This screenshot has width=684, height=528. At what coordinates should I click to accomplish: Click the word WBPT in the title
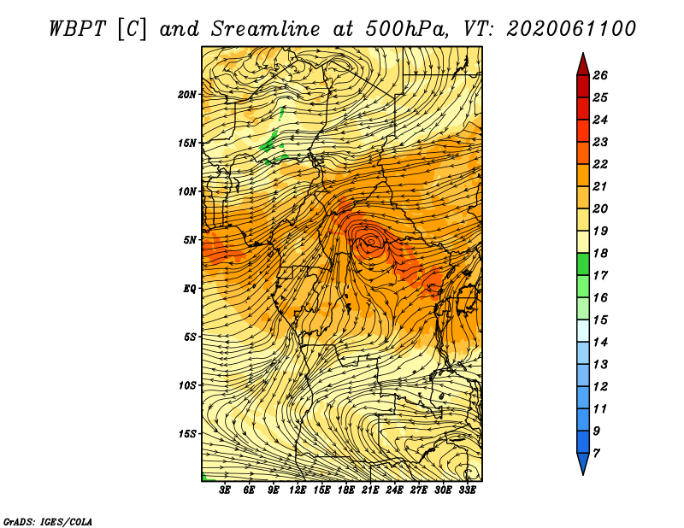point(77,29)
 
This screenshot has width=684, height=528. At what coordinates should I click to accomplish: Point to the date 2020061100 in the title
point(571,29)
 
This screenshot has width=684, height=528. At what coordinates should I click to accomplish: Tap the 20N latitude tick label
point(186,95)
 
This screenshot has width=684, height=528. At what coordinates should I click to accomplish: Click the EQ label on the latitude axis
point(189,289)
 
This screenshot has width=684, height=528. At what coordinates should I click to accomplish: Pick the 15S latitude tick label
point(186,434)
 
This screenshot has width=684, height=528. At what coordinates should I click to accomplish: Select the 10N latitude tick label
point(186,191)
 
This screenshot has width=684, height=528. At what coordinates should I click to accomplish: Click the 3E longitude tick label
point(224,490)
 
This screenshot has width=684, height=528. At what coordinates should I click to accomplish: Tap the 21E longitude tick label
point(370,490)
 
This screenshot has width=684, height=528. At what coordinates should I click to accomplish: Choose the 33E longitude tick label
point(467,490)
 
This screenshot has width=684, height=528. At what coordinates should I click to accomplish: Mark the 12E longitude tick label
point(297,490)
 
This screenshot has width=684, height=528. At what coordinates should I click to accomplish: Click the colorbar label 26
point(600,75)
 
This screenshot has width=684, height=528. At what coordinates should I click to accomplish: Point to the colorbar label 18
point(600,253)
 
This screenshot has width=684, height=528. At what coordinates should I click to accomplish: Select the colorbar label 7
point(596,454)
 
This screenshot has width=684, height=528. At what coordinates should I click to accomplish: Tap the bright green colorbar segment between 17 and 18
point(583,264)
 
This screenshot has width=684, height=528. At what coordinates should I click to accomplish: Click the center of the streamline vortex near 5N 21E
point(370,241)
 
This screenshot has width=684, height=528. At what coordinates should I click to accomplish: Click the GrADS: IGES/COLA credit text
point(48,522)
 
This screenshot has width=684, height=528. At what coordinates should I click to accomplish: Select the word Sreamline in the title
point(266,29)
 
